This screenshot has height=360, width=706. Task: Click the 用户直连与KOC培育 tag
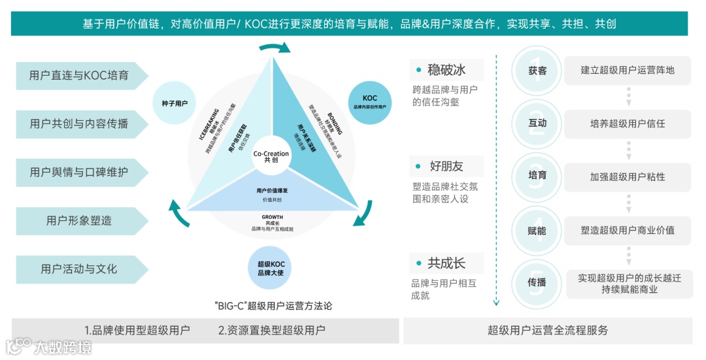coord(79,76)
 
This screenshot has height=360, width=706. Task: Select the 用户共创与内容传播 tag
coord(79,124)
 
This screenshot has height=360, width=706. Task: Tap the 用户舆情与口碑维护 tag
coord(79,172)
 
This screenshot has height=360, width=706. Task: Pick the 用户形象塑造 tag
coord(79,221)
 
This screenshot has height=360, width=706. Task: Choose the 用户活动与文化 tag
coord(79,269)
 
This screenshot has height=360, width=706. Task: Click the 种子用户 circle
coord(175,103)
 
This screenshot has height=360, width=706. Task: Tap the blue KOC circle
coord(370,101)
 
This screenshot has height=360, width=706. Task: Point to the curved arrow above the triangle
coord(275,48)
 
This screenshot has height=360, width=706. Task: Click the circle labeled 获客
coord(537,70)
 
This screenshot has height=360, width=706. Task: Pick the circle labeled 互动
coord(537,123)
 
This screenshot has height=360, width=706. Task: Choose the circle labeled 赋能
coord(537,230)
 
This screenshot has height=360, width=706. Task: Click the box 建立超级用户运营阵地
coord(628,70)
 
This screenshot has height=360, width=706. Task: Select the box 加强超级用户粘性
coord(628,176)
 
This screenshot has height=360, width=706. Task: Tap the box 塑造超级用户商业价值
coord(628,230)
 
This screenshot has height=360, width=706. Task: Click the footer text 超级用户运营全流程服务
coord(548,331)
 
